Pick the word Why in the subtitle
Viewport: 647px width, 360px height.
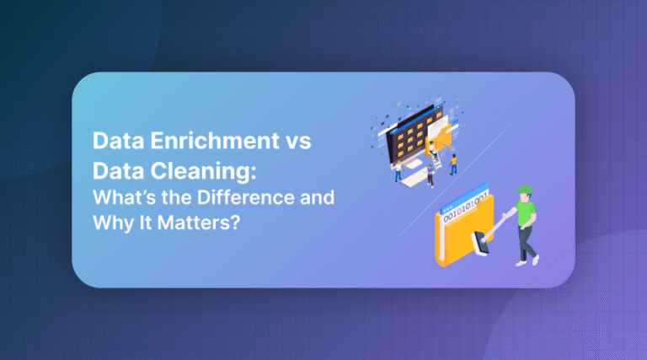[x=111, y=225]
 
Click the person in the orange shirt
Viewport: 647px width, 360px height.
[x=453, y=162]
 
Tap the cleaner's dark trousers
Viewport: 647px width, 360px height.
[x=528, y=239]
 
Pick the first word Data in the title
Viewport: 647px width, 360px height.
[x=115, y=142]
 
